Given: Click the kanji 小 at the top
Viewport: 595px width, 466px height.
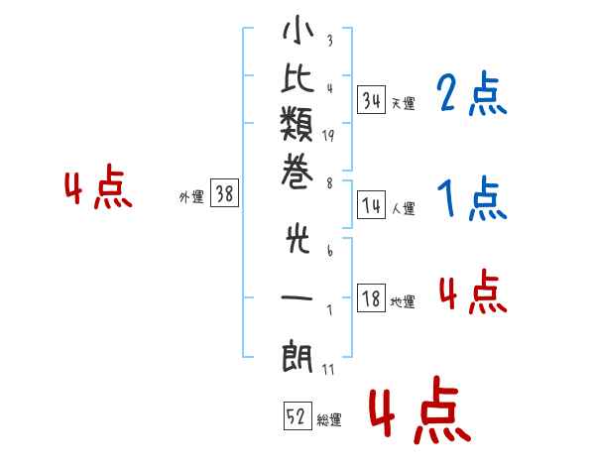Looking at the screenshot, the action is pyautogui.click(x=297, y=29).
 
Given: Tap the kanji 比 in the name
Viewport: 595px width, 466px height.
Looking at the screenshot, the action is pyautogui.click(x=297, y=78).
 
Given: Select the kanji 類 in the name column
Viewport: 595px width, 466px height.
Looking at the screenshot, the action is pyautogui.click(x=297, y=124).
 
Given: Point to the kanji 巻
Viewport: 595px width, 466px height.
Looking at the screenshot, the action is pyautogui.click(x=297, y=172).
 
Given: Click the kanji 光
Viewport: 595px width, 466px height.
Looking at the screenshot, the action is pyautogui.click(x=297, y=240).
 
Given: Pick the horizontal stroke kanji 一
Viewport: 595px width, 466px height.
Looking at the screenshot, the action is pyautogui.click(x=297, y=297).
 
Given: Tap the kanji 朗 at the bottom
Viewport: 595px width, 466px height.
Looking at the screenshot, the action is pyautogui.click(x=297, y=356).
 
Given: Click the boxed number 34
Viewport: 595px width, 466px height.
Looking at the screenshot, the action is pyautogui.click(x=372, y=100).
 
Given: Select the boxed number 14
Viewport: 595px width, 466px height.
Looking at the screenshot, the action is pyautogui.click(x=372, y=205).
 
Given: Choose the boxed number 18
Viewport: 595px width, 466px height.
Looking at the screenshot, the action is pyautogui.click(x=372, y=298).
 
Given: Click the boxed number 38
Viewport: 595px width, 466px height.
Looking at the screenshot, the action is pyautogui.click(x=225, y=192).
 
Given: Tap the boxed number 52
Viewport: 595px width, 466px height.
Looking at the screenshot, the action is pyautogui.click(x=297, y=416).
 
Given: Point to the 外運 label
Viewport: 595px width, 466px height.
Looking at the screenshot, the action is pyautogui.click(x=191, y=197).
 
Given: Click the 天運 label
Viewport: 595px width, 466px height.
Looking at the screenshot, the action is pyautogui.click(x=404, y=103).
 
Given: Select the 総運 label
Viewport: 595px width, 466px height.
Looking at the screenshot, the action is pyautogui.click(x=329, y=420).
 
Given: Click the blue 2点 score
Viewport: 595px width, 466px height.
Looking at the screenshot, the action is pyautogui.click(x=472, y=93).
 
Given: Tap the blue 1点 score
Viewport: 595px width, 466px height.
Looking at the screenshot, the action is pyautogui.click(x=472, y=198).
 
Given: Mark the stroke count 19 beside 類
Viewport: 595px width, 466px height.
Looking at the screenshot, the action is pyautogui.click(x=328, y=136).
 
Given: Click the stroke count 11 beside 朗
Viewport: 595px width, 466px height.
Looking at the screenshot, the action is pyautogui.click(x=328, y=369).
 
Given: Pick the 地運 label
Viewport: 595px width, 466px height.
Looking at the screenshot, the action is pyautogui.click(x=403, y=302).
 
